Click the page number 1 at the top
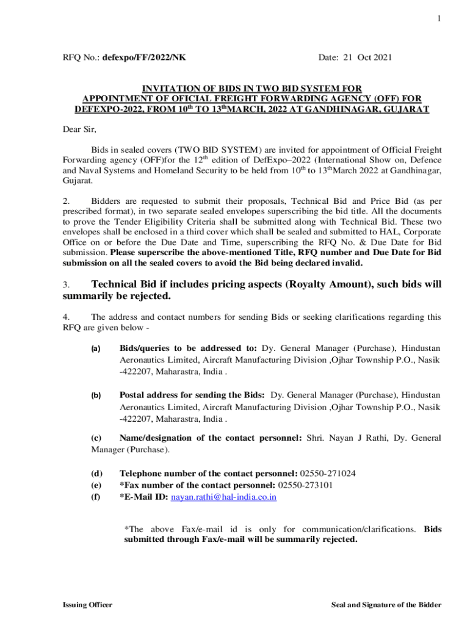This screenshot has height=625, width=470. pos(438,19)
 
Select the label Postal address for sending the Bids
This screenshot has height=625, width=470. pos(192,395)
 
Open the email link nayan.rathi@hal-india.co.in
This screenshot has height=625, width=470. pos(223,497)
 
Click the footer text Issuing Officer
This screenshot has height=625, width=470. pos(87,605)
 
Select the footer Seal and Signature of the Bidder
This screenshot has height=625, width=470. pos(386,605)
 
